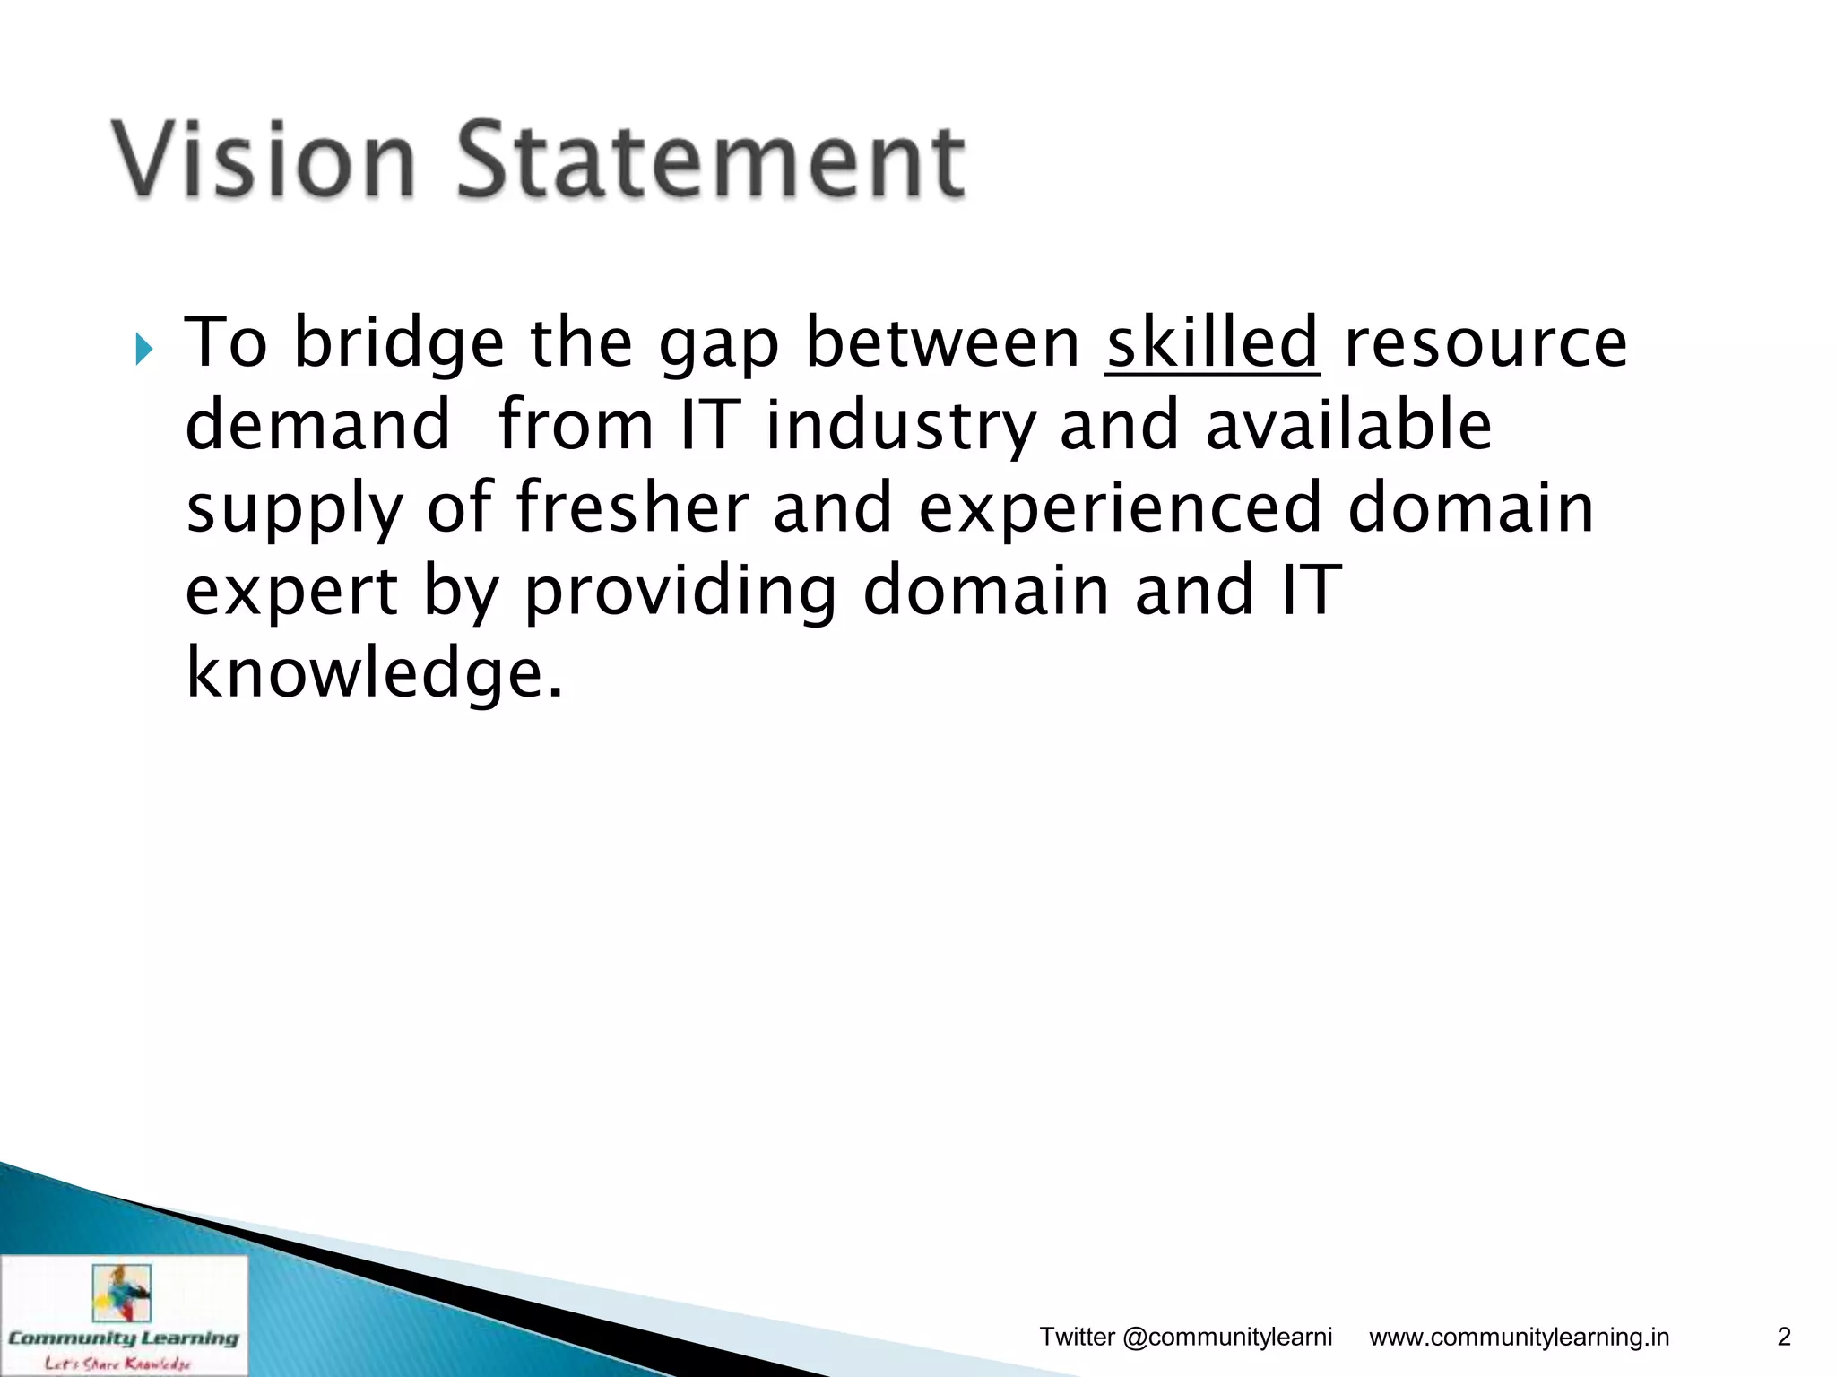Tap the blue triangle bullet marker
pyautogui.click(x=144, y=350)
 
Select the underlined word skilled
pyautogui.click(x=1211, y=343)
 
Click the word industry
pyautogui.click(x=900, y=427)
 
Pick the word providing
pyautogui.click(x=680, y=592)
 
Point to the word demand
pyautogui.click(x=317, y=425)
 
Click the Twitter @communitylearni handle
pyautogui.click(x=1185, y=1338)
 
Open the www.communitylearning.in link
pyautogui.click(x=1519, y=1338)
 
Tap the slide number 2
pyautogui.click(x=1783, y=1337)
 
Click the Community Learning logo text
pyautogui.click(x=124, y=1338)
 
